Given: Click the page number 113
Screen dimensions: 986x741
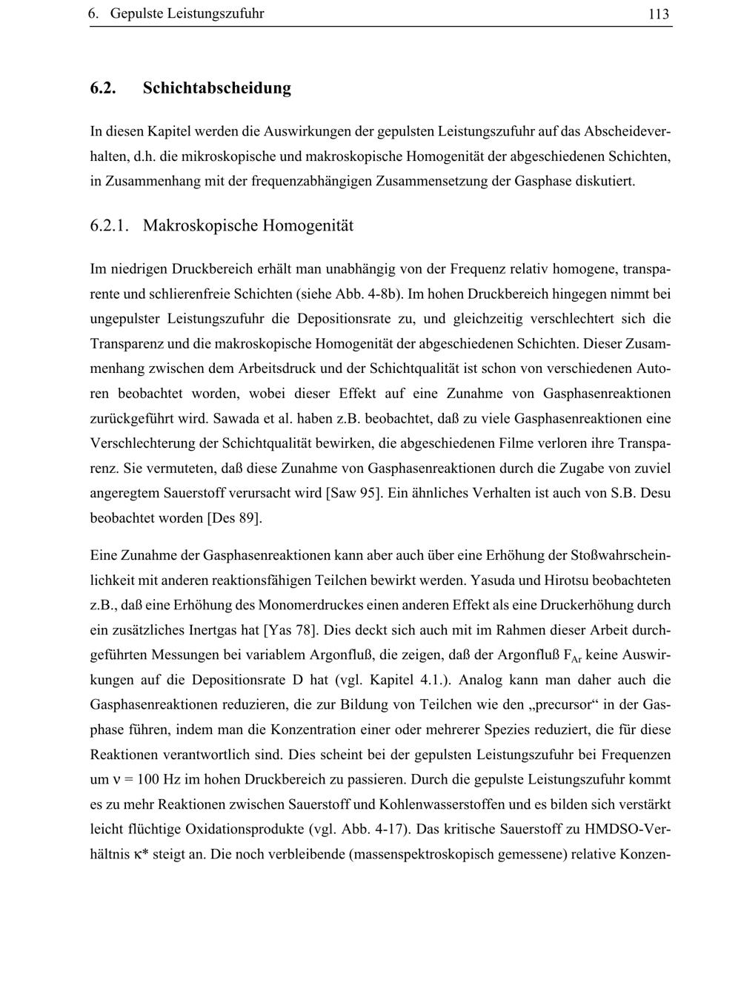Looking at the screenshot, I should click(x=658, y=14).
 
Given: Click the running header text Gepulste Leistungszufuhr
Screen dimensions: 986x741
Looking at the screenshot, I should click(x=187, y=14).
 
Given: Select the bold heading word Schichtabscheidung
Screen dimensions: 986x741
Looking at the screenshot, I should click(x=216, y=88).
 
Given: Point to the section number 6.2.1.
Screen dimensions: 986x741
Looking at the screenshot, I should click(x=110, y=225).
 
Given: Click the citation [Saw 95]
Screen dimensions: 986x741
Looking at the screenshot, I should click(x=354, y=493).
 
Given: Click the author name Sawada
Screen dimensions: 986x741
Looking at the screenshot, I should click(x=236, y=419).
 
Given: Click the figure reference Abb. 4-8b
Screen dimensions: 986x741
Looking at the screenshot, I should click(x=373, y=294).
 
